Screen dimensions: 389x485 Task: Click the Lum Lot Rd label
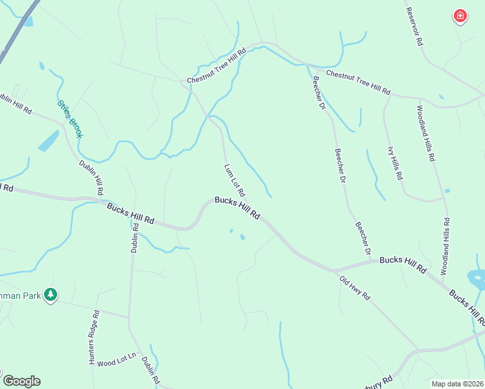[235, 180]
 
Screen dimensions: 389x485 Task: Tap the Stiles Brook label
[69, 118]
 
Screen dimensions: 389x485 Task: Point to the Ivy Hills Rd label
[396, 163]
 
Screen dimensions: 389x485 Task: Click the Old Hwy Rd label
[354, 288]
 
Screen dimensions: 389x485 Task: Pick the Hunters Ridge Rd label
[95, 337]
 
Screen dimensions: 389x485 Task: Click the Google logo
[21, 381]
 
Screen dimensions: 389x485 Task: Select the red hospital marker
[460, 16]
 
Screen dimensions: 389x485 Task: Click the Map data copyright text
[458, 384]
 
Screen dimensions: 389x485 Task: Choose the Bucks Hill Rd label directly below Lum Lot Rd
[237, 209]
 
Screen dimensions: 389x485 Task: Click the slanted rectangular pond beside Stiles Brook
[48, 141]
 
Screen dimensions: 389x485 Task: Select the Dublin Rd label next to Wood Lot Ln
[150, 370]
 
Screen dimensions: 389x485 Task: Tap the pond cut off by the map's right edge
[477, 279]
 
